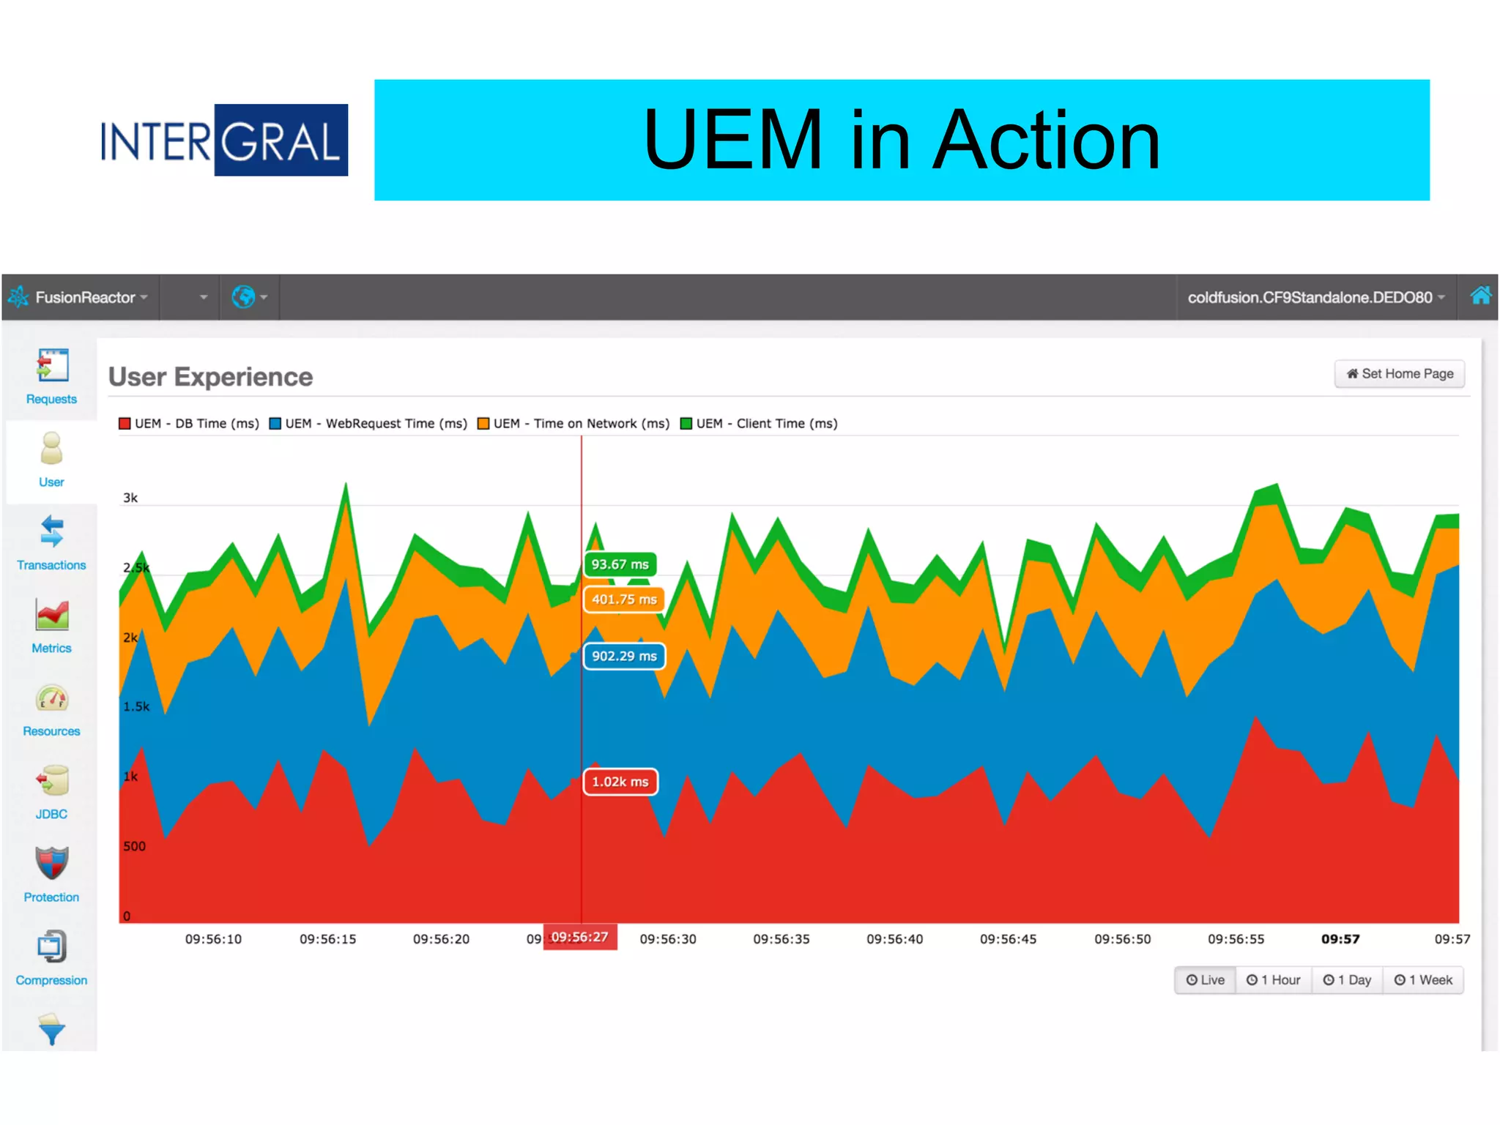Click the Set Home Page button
pos(1399,374)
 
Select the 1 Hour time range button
pos(1273,980)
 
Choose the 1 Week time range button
pos(1422,980)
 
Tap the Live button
pos(1205,980)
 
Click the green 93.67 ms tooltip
pos(620,564)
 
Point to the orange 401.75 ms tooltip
pos(624,599)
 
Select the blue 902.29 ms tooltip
pos(624,656)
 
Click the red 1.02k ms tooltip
pos(620,782)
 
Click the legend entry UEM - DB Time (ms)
pos(189,424)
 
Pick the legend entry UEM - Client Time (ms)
pos(759,424)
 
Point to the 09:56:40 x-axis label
pos(894,939)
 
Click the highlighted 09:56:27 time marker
pos(579,938)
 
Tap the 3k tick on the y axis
pos(130,498)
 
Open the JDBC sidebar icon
pos(52,782)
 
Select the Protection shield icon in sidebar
pos(52,864)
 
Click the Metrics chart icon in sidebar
pos(52,616)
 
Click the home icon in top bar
pos(1479,296)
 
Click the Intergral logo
pos(224,141)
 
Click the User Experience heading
pos(211,377)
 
